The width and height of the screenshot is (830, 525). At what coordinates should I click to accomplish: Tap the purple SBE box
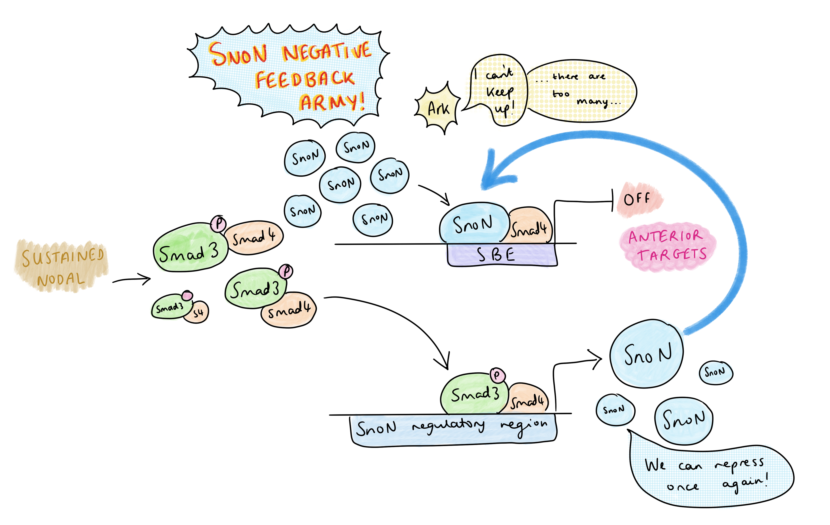tap(502, 255)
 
